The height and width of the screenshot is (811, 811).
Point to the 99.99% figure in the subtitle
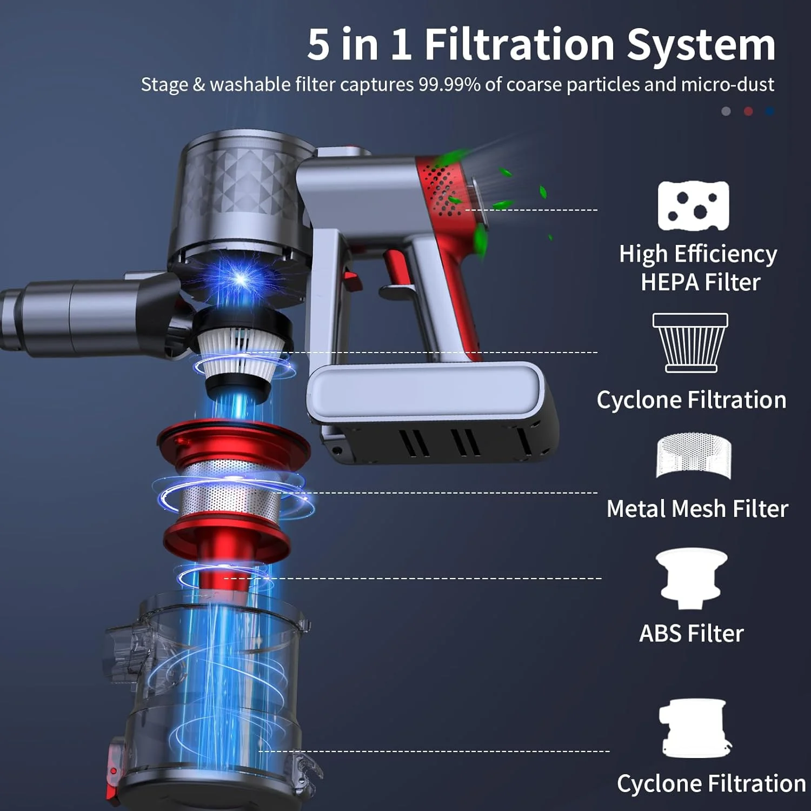point(449,84)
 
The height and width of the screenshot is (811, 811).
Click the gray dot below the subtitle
point(726,111)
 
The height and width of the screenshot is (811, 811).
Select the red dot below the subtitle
point(748,111)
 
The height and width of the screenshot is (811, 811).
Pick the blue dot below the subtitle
point(770,111)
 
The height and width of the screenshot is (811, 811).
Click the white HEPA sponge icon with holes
point(693,206)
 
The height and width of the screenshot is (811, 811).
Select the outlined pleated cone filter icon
point(690,343)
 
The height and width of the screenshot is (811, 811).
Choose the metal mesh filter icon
point(693,455)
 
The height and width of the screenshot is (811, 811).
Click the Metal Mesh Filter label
point(697,509)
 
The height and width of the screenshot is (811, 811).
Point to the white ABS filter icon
point(692,579)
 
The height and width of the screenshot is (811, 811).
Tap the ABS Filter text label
point(692,633)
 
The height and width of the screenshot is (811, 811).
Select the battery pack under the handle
point(433,411)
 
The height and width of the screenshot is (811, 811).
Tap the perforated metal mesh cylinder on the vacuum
point(231,495)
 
